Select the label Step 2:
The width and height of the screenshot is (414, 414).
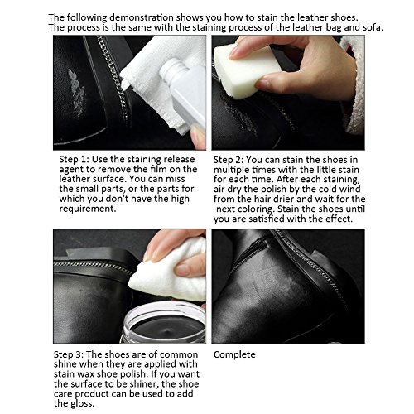229,159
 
